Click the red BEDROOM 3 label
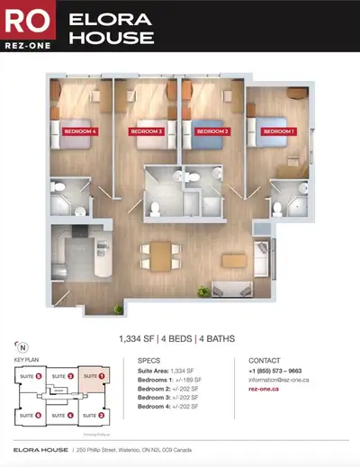(147, 131)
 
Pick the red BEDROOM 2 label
(212, 131)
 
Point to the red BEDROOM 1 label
(278, 131)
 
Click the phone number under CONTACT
(275, 371)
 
